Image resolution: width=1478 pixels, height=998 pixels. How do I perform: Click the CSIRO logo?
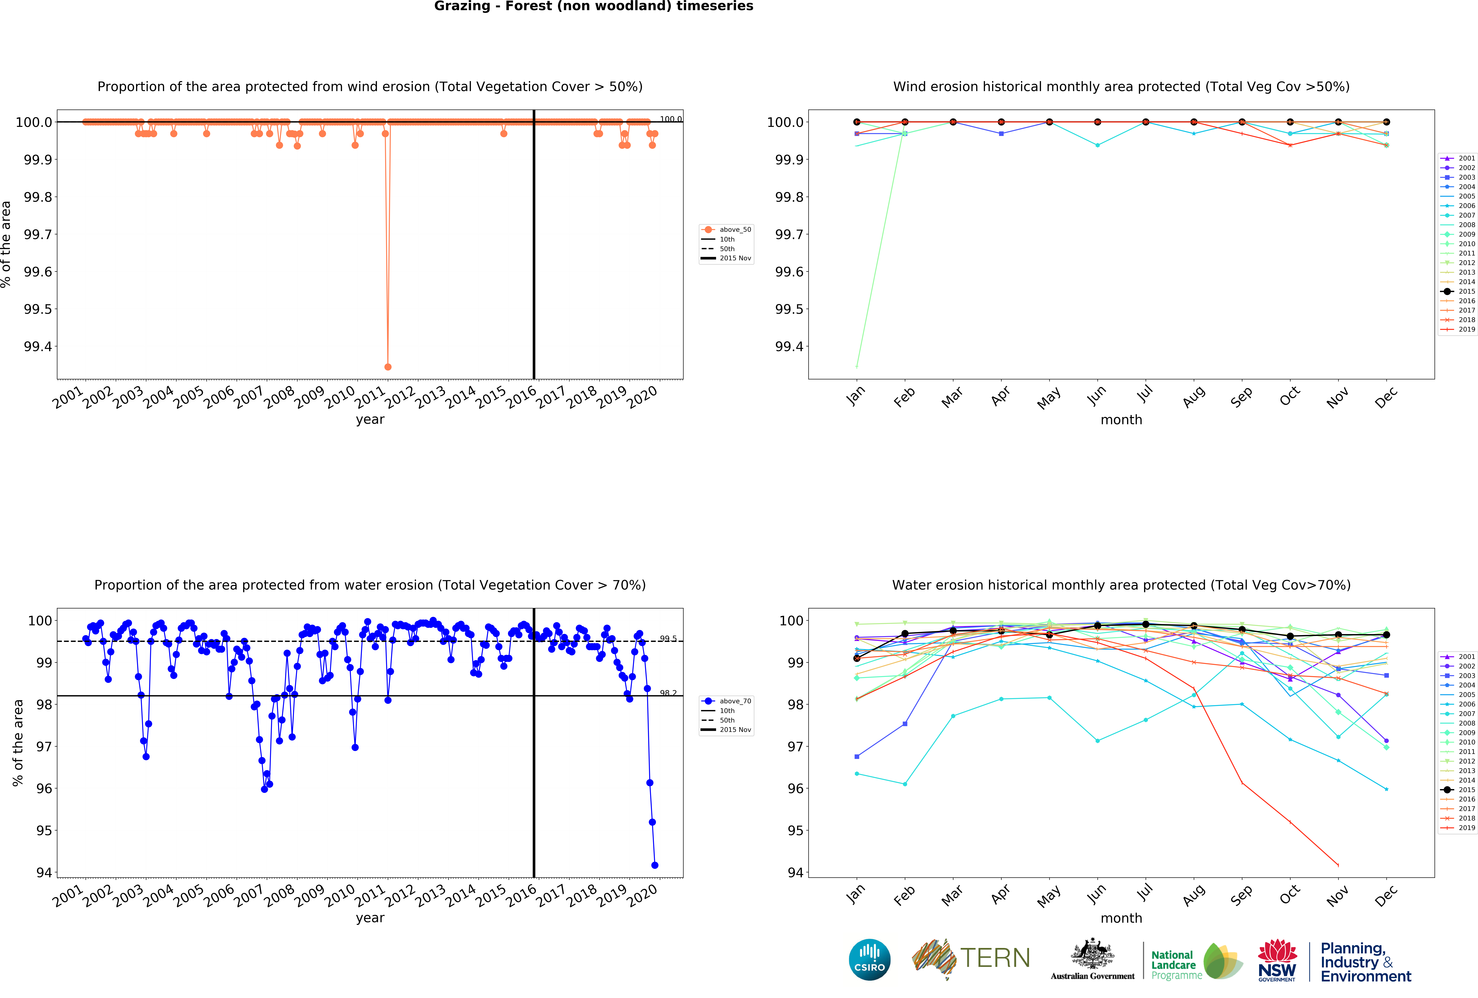click(x=869, y=959)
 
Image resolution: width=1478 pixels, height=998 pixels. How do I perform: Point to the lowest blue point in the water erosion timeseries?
click(x=654, y=865)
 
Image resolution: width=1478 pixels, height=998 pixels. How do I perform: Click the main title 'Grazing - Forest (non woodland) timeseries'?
click(x=593, y=6)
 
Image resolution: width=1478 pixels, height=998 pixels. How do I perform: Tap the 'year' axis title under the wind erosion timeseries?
click(x=370, y=420)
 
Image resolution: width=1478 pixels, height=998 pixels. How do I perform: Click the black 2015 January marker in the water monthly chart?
click(x=857, y=658)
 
